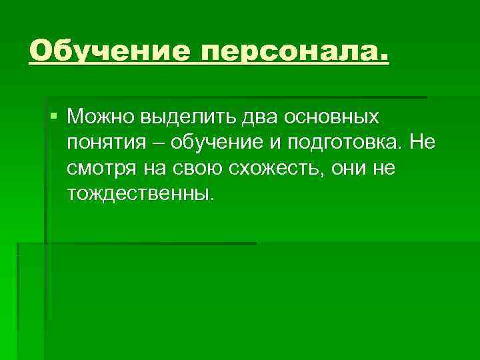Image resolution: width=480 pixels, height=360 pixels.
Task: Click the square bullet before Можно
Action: click(54, 116)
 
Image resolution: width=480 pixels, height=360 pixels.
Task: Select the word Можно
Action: click(101, 117)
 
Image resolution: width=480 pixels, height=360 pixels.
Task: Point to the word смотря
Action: click(100, 169)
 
